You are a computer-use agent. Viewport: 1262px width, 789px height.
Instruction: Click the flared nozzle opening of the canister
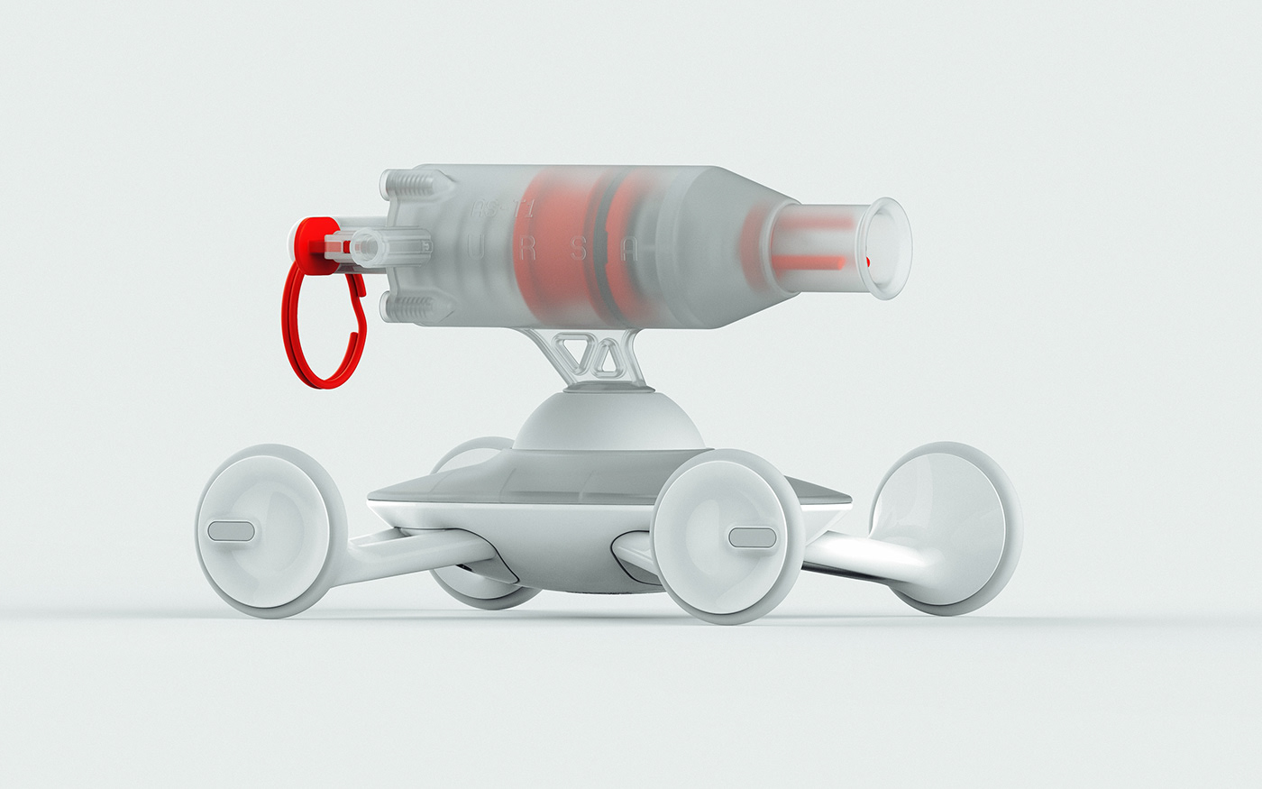pyautogui.click(x=888, y=248)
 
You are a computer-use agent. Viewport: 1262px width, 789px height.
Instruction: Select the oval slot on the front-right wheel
pyautogui.click(x=752, y=537)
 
